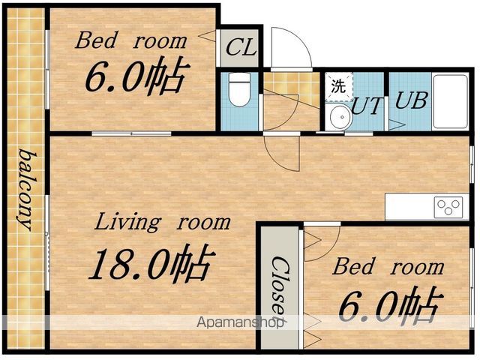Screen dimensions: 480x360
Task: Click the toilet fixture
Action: coord(239,90)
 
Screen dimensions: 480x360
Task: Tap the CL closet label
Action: coord(241,48)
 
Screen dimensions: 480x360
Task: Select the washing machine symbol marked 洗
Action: coord(338,87)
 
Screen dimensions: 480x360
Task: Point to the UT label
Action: coord(367,106)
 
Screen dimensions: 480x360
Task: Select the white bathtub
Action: coord(450,102)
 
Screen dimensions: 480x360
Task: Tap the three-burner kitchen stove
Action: coord(448,207)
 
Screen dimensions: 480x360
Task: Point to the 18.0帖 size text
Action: coord(152,262)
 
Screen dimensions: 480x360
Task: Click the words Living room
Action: coord(163,223)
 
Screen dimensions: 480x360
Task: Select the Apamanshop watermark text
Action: coord(241,322)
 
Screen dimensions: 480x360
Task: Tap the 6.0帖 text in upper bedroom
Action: coord(136,75)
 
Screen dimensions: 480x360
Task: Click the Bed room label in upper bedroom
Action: coord(130,40)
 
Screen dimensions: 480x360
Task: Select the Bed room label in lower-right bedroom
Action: coord(388,267)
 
